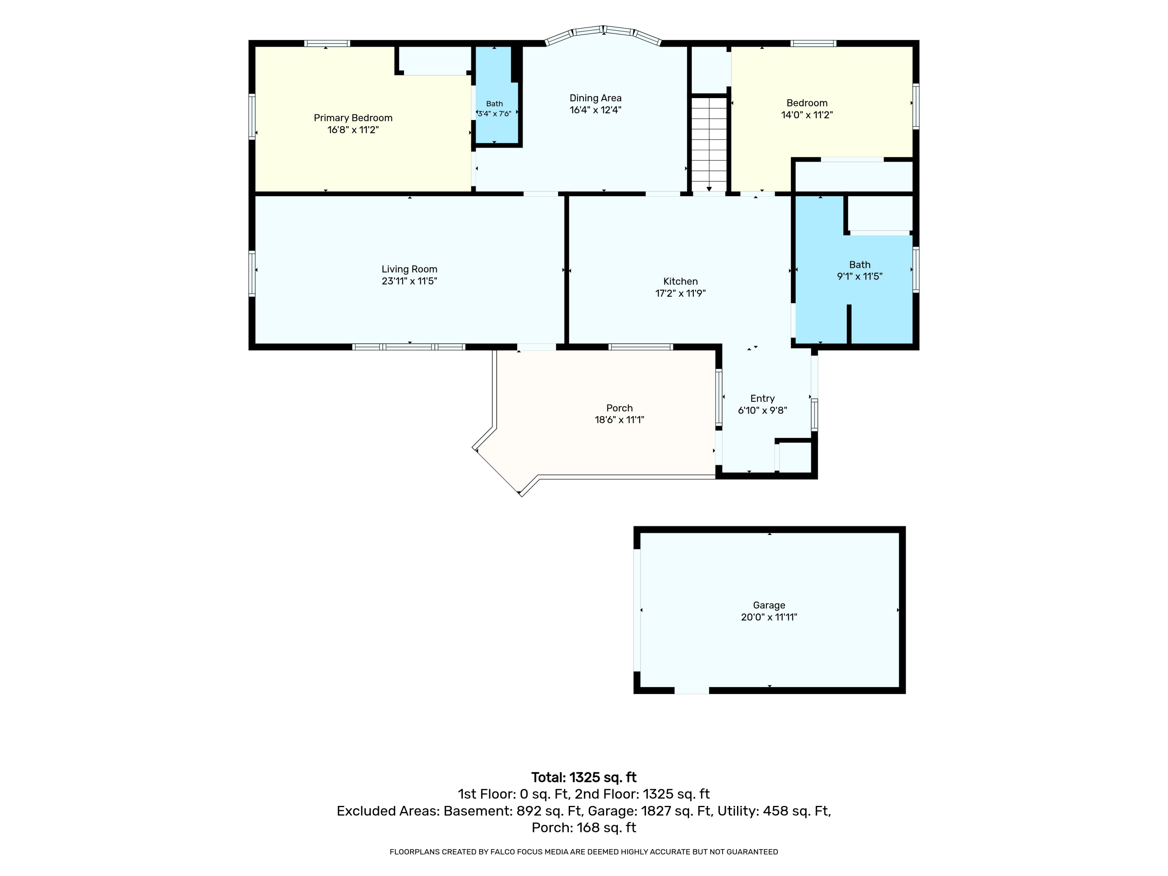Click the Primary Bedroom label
tap(353, 118)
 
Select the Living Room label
tap(409, 269)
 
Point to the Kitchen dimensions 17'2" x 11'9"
tap(680, 293)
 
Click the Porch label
tap(619, 408)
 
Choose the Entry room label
tap(762, 399)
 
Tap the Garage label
tap(769, 605)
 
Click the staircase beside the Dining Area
tap(709, 144)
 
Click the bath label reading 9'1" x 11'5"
tap(860, 270)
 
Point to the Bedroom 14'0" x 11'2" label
tap(807, 109)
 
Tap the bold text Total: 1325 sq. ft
tap(584, 777)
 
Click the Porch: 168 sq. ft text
tap(584, 827)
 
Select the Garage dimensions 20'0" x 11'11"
tap(769, 617)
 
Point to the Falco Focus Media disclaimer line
tap(584, 852)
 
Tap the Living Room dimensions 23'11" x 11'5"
tap(409, 281)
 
